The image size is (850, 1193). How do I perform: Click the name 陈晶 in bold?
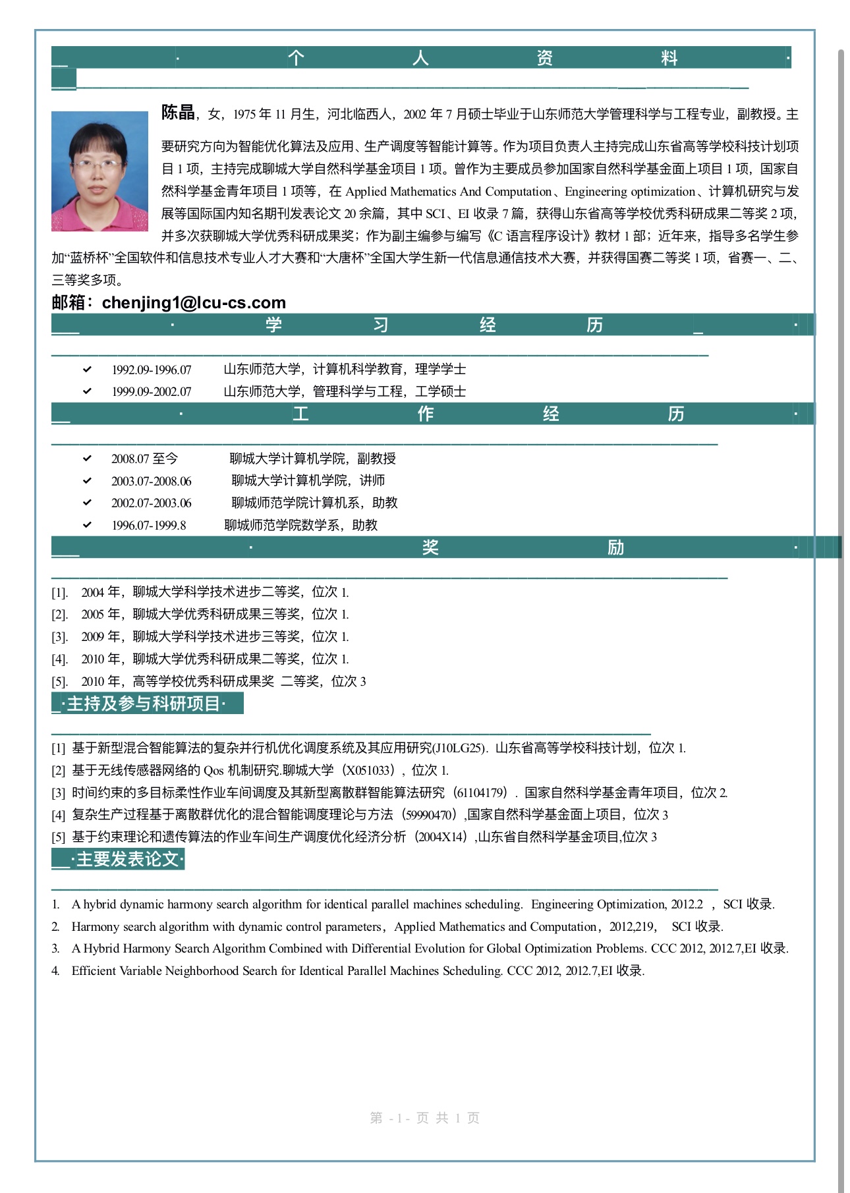point(178,113)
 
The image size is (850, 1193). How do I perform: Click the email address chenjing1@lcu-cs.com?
point(194,302)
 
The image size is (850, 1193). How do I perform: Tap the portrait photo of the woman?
point(99,171)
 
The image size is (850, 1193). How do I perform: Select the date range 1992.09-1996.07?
point(151,370)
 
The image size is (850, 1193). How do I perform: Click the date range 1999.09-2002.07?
point(151,392)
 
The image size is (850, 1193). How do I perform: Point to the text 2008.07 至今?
point(144,459)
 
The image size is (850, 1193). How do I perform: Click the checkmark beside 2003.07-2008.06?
point(87,481)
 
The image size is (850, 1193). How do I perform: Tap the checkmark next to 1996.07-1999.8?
point(87,525)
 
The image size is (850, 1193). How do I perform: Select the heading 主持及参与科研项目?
point(143,704)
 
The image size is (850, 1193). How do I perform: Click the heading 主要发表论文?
point(127,859)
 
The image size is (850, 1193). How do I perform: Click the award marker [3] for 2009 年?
point(59,637)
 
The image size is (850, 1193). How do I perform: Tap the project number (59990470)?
point(429,815)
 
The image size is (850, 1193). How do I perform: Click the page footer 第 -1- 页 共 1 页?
point(424,1118)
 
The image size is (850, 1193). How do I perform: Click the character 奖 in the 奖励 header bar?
point(430,547)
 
